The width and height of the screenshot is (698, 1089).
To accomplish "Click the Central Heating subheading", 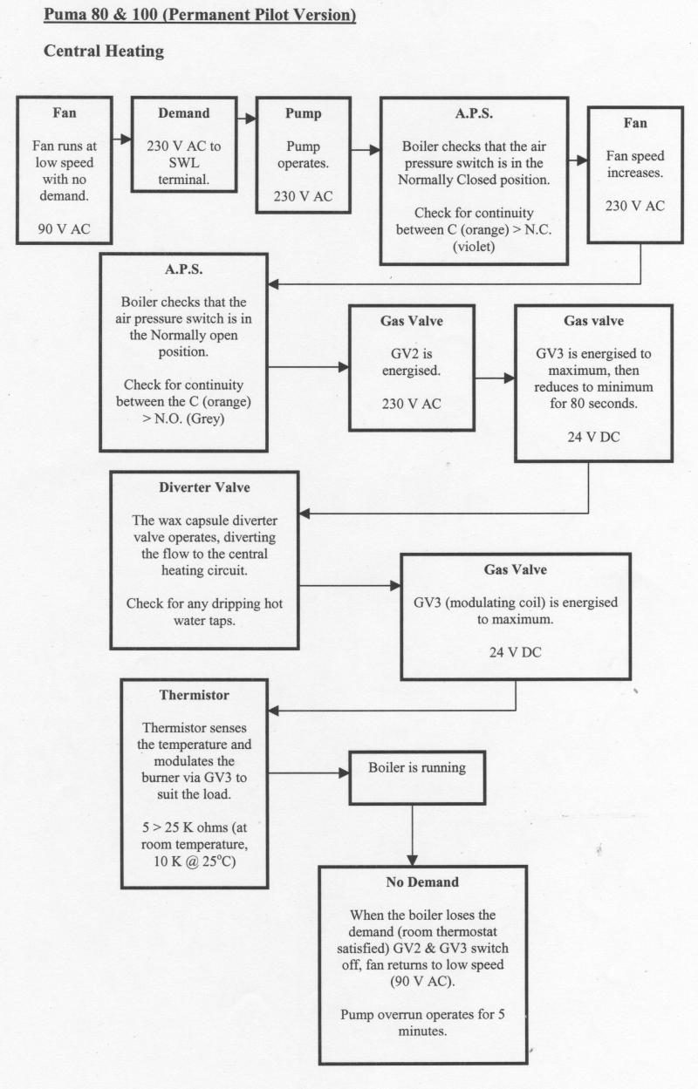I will coord(104,51).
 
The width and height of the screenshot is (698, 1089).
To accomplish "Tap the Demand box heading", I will coord(183,113).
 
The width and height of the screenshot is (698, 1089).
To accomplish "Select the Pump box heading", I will coord(303,113).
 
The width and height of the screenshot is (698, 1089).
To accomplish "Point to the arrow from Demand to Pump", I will coord(245,118).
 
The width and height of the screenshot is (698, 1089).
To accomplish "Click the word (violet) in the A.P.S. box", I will coord(474,247).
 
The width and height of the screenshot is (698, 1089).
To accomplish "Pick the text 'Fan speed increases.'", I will coord(634,164).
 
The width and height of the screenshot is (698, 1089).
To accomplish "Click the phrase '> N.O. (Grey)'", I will coord(183,418).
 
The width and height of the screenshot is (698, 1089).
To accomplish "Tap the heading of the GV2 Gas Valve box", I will coord(411,321).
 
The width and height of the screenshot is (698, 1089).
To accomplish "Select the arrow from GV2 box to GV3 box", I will coord(493,379).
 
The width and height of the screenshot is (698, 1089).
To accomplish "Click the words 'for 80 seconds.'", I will coord(593,404).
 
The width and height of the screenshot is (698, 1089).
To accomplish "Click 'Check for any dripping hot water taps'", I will coord(204,612).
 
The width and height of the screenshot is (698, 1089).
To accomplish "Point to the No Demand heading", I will coord(422,882).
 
